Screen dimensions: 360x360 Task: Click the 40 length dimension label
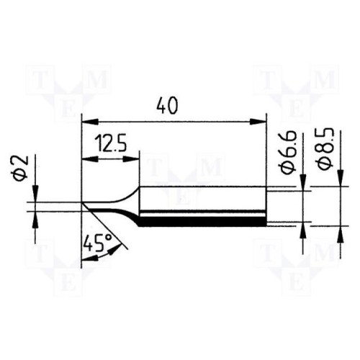(167, 106)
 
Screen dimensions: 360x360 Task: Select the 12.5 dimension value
(111, 144)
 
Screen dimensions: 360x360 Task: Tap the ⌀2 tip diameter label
(22, 168)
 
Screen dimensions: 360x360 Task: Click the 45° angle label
(94, 243)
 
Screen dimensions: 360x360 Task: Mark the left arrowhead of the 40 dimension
(90, 122)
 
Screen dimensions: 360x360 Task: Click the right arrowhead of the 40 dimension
(258, 122)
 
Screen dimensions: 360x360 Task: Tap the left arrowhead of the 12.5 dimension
(90, 159)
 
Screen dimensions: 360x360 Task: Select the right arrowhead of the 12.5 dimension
(131, 159)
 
